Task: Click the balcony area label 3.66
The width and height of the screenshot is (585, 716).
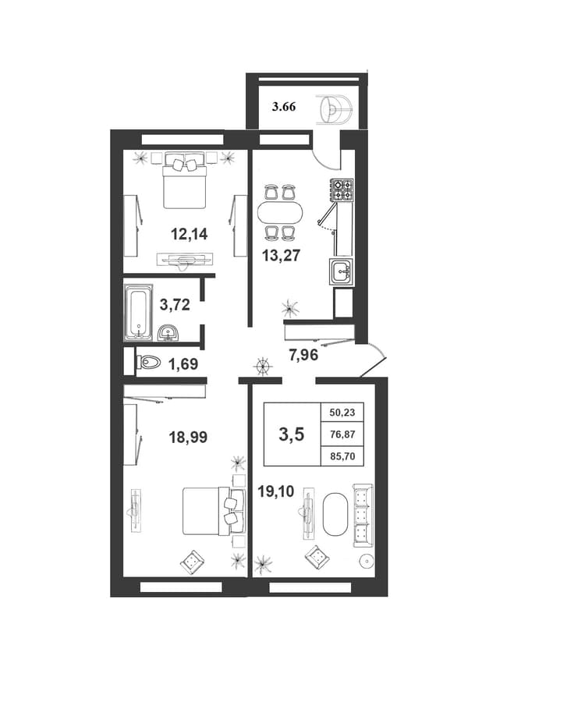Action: click(284, 107)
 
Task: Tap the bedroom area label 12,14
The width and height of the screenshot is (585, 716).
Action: click(189, 234)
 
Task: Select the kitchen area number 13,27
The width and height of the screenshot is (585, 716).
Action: click(281, 255)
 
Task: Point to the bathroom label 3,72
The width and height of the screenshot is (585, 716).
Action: click(175, 304)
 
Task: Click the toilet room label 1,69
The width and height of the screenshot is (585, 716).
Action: click(183, 364)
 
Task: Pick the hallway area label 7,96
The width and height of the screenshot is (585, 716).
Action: click(303, 354)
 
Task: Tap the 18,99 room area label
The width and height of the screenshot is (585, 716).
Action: click(188, 437)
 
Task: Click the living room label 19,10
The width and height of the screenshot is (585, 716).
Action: click(276, 492)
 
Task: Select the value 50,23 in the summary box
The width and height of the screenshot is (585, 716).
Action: click(342, 413)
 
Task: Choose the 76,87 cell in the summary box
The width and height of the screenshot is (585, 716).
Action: click(342, 434)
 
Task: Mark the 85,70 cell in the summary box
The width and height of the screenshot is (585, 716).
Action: click(342, 455)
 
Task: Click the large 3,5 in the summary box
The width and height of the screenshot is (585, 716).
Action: click(292, 434)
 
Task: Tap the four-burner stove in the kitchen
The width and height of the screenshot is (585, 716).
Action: click(342, 190)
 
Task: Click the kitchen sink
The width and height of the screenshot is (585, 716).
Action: click(341, 272)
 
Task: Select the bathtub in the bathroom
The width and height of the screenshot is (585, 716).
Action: click(138, 313)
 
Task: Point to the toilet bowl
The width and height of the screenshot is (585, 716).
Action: click(149, 363)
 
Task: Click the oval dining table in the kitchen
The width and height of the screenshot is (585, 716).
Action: click(279, 212)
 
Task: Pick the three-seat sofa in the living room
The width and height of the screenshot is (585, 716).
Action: click(363, 516)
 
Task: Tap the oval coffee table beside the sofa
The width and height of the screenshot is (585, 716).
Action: click(335, 514)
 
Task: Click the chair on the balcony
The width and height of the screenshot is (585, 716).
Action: click(336, 110)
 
